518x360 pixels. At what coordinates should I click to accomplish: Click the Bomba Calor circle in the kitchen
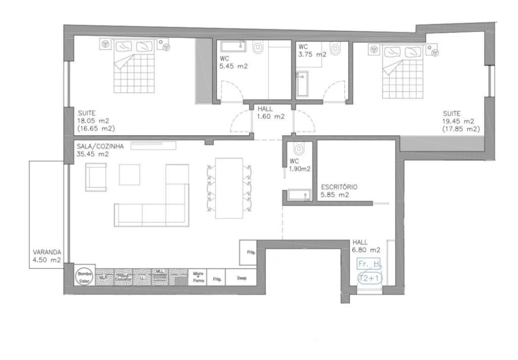coord(82,276)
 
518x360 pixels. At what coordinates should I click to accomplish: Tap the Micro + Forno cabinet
coord(197,277)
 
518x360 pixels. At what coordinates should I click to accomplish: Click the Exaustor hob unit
coord(123,276)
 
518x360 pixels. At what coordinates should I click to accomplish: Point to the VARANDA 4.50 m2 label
coord(47,256)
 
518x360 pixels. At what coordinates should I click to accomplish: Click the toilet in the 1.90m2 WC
coord(298,149)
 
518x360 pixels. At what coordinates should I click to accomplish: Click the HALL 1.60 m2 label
coord(270,113)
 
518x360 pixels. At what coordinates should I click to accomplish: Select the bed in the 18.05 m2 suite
coord(134,68)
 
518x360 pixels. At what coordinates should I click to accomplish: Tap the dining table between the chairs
coord(229,188)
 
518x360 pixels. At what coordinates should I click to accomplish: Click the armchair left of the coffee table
coord(96,177)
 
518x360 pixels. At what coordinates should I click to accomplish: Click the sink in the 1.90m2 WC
coord(299,195)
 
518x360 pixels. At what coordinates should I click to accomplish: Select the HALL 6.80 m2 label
coord(366,245)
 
